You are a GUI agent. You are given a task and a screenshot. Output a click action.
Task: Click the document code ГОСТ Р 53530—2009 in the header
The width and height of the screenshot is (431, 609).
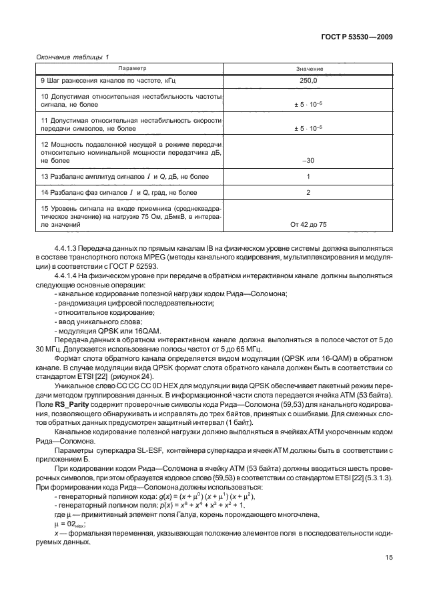pos(356,37)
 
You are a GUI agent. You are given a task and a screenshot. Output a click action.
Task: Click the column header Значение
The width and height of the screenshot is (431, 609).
pos(308,69)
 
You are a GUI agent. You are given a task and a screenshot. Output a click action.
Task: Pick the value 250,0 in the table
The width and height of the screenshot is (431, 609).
pos(308,81)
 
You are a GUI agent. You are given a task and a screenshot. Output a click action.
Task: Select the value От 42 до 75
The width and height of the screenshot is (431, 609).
pos(308,225)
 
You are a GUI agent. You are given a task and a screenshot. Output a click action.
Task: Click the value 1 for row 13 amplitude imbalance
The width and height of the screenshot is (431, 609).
pos(308,176)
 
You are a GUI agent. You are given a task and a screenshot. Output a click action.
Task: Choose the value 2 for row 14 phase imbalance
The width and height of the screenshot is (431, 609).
pos(308,192)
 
